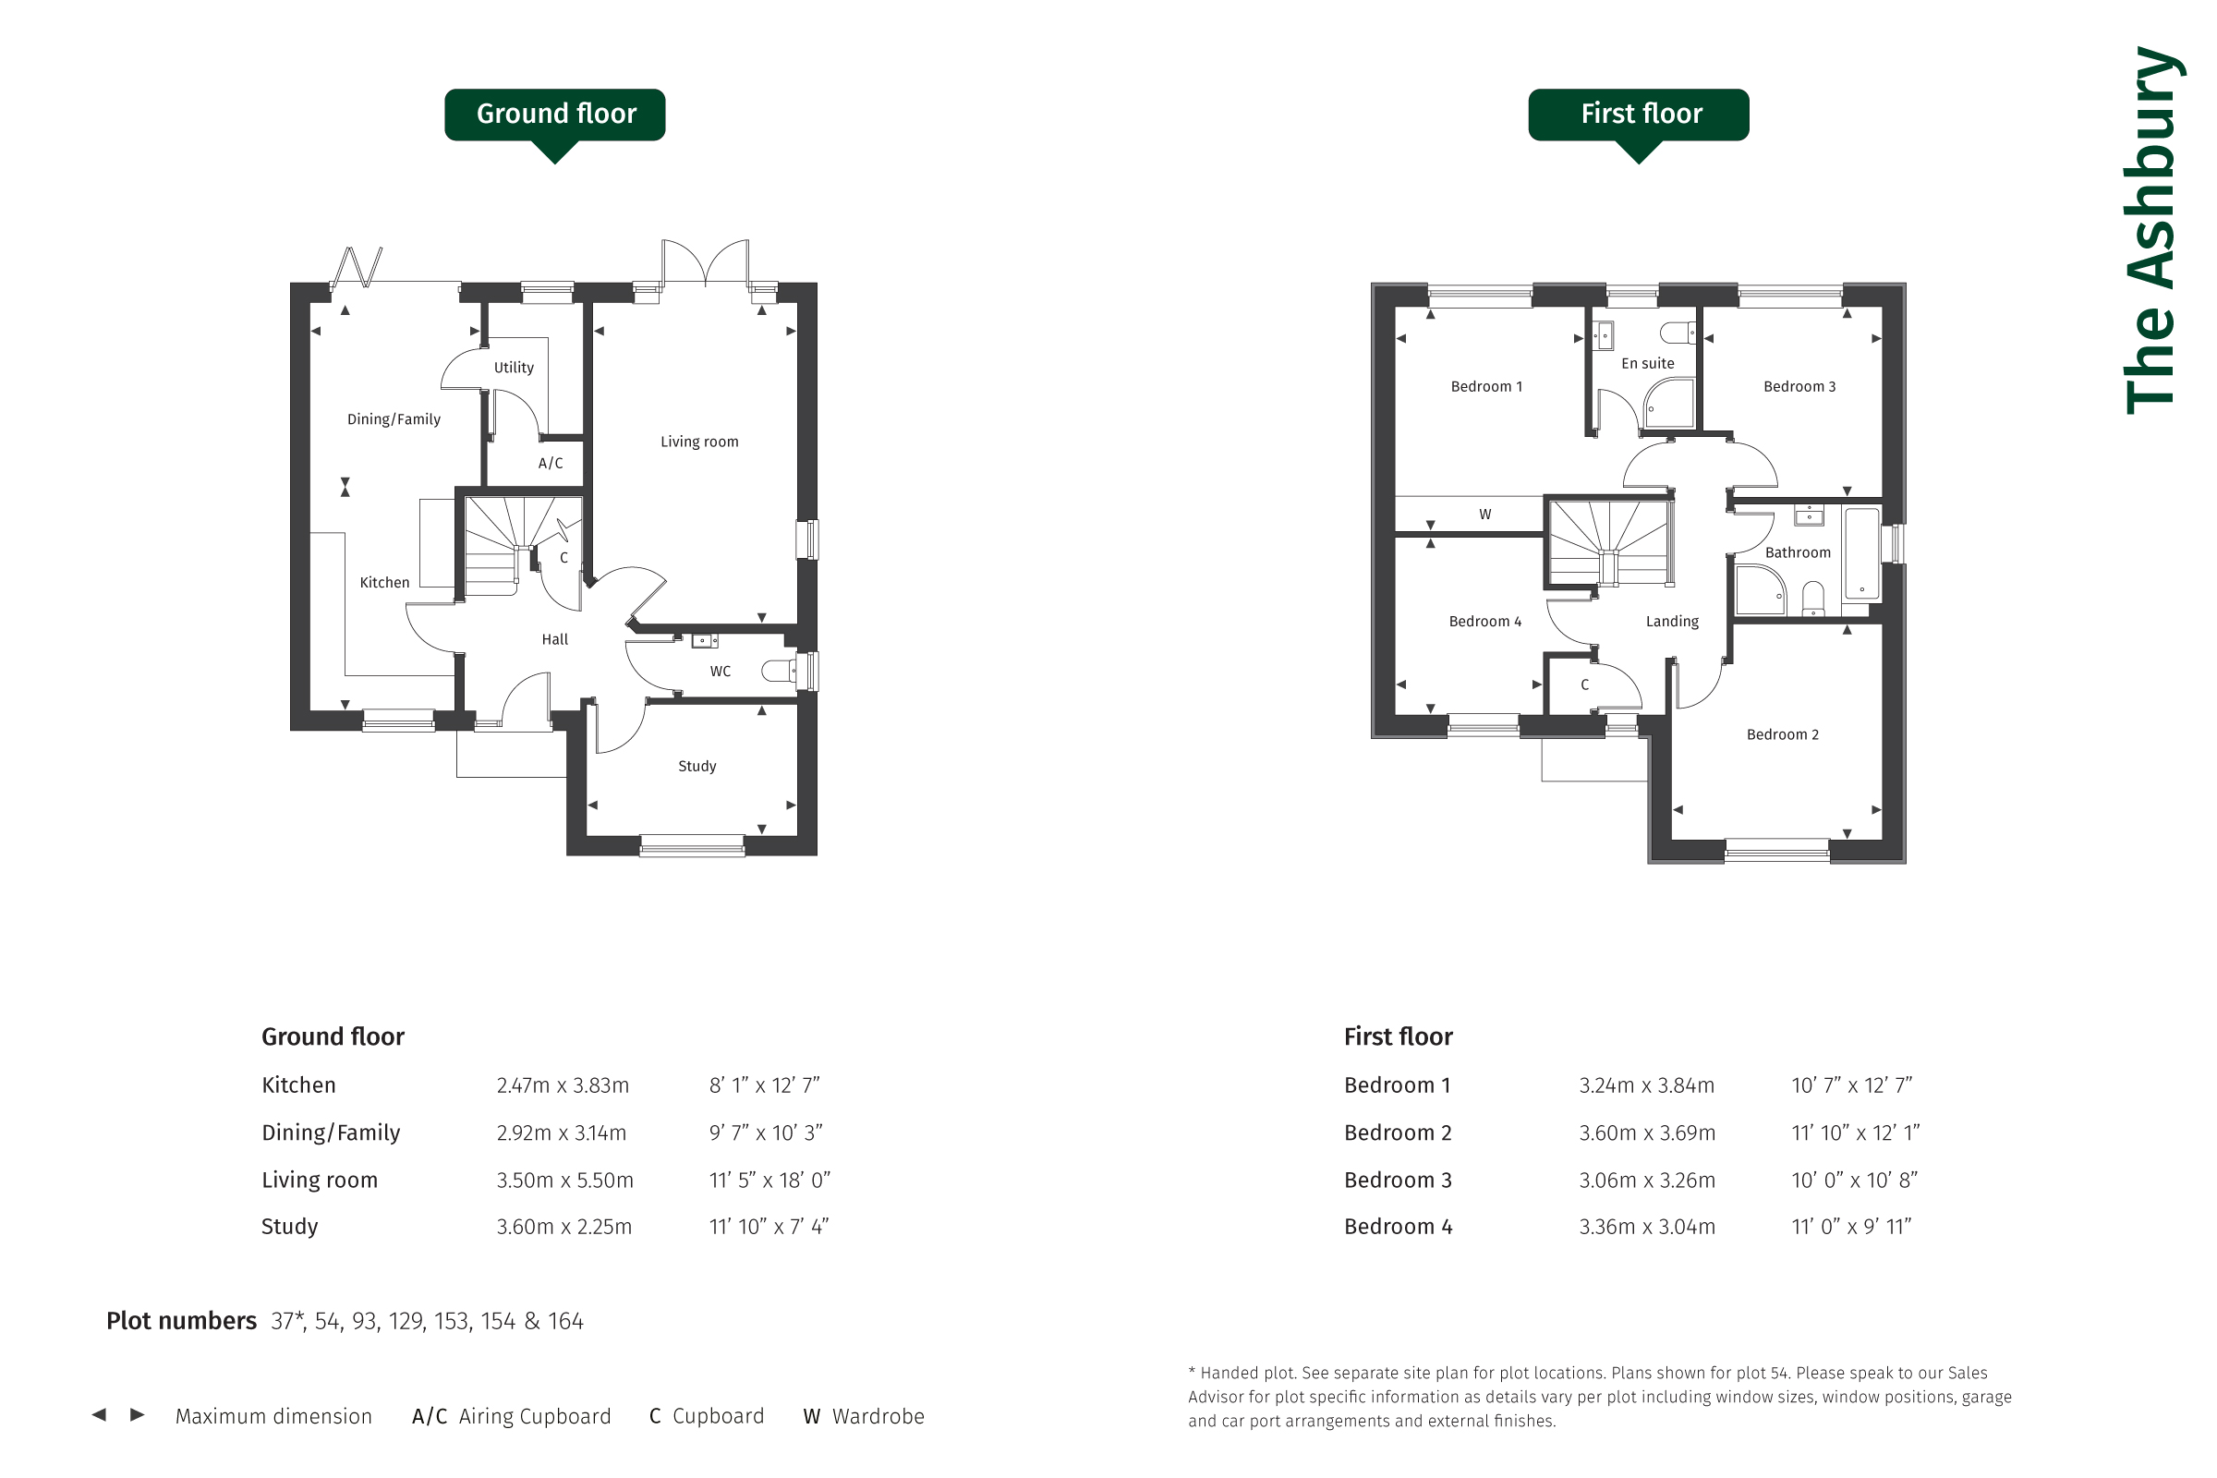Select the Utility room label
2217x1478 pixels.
(514, 368)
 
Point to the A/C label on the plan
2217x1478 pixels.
(551, 463)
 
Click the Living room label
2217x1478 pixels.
(699, 442)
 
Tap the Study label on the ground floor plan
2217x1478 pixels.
(697, 767)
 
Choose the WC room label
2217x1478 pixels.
(721, 672)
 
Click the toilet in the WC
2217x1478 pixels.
(779, 672)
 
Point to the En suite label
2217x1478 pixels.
(1648, 364)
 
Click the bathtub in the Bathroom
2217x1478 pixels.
(1861, 554)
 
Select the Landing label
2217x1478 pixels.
(1672, 621)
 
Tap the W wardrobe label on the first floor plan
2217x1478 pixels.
(1485, 515)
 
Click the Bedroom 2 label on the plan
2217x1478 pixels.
(1783, 734)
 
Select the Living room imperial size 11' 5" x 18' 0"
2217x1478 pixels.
(770, 1180)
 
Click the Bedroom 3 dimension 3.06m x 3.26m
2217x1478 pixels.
(1647, 1180)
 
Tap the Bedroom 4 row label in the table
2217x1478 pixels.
(1398, 1227)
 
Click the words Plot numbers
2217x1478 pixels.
(181, 1321)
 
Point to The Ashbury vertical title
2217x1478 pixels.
(2153, 230)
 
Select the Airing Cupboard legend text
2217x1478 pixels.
(535, 1416)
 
